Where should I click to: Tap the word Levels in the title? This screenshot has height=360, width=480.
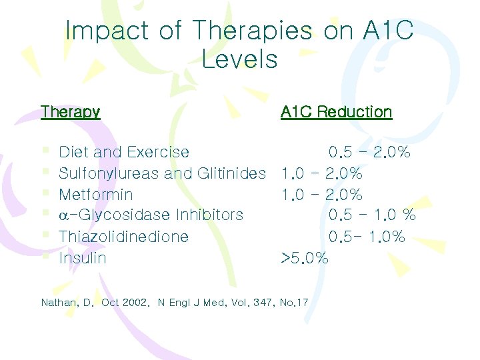click(239, 60)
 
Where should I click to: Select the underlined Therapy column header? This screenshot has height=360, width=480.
click(70, 112)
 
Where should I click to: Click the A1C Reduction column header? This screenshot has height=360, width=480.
click(336, 112)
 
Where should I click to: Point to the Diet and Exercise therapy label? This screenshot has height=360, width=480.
click(124, 153)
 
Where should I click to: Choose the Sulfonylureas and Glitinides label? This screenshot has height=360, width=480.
click(162, 174)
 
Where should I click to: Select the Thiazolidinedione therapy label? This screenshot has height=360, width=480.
click(123, 237)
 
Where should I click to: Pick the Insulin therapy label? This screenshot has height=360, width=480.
click(83, 258)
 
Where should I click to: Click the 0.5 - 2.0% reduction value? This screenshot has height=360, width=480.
click(369, 153)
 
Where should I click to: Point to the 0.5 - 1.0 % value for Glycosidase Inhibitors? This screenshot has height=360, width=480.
click(372, 215)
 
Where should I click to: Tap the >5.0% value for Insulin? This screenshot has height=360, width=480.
click(305, 258)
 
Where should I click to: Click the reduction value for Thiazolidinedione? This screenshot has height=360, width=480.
click(367, 237)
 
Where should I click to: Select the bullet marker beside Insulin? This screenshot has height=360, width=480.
click(45, 257)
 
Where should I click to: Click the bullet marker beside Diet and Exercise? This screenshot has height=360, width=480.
click(45, 152)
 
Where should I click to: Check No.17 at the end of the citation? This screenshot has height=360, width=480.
click(294, 303)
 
